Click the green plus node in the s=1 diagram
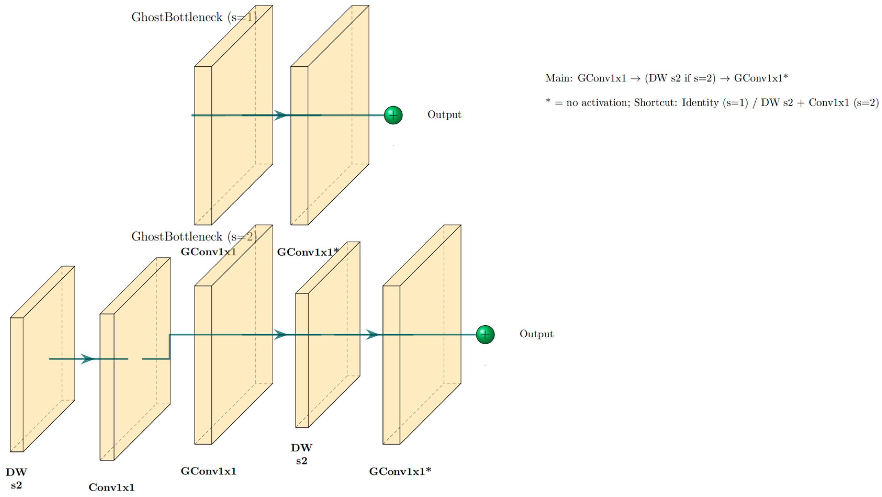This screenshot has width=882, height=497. (x=393, y=115)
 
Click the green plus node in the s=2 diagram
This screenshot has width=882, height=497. (x=485, y=334)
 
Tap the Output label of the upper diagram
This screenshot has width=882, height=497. (x=444, y=115)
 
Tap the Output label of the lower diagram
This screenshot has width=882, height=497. (x=536, y=334)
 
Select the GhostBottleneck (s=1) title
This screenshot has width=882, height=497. (x=194, y=17)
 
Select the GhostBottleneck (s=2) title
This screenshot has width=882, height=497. (x=194, y=236)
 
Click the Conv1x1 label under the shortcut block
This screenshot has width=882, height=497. (x=112, y=487)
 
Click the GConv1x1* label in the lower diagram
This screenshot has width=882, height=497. (x=400, y=472)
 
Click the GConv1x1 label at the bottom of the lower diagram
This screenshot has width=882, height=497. (x=209, y=471)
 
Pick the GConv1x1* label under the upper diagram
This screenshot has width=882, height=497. (x=308, y=252)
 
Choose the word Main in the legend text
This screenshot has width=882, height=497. (x=558, y=78)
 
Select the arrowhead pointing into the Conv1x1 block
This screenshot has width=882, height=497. (x=88, y=359)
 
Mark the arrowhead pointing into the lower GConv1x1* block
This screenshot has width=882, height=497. (x=373, y=334)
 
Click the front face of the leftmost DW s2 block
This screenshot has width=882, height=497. (x=16, y=385)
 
